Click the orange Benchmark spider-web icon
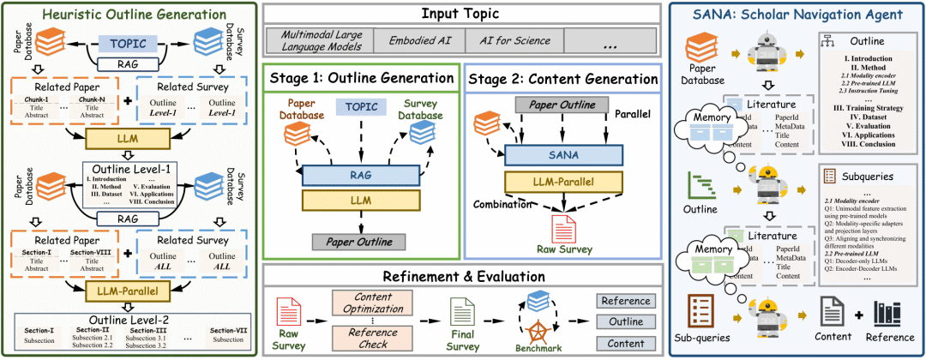534,329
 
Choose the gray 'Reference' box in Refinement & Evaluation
625,301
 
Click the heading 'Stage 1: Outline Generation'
362,79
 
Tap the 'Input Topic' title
462,14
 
